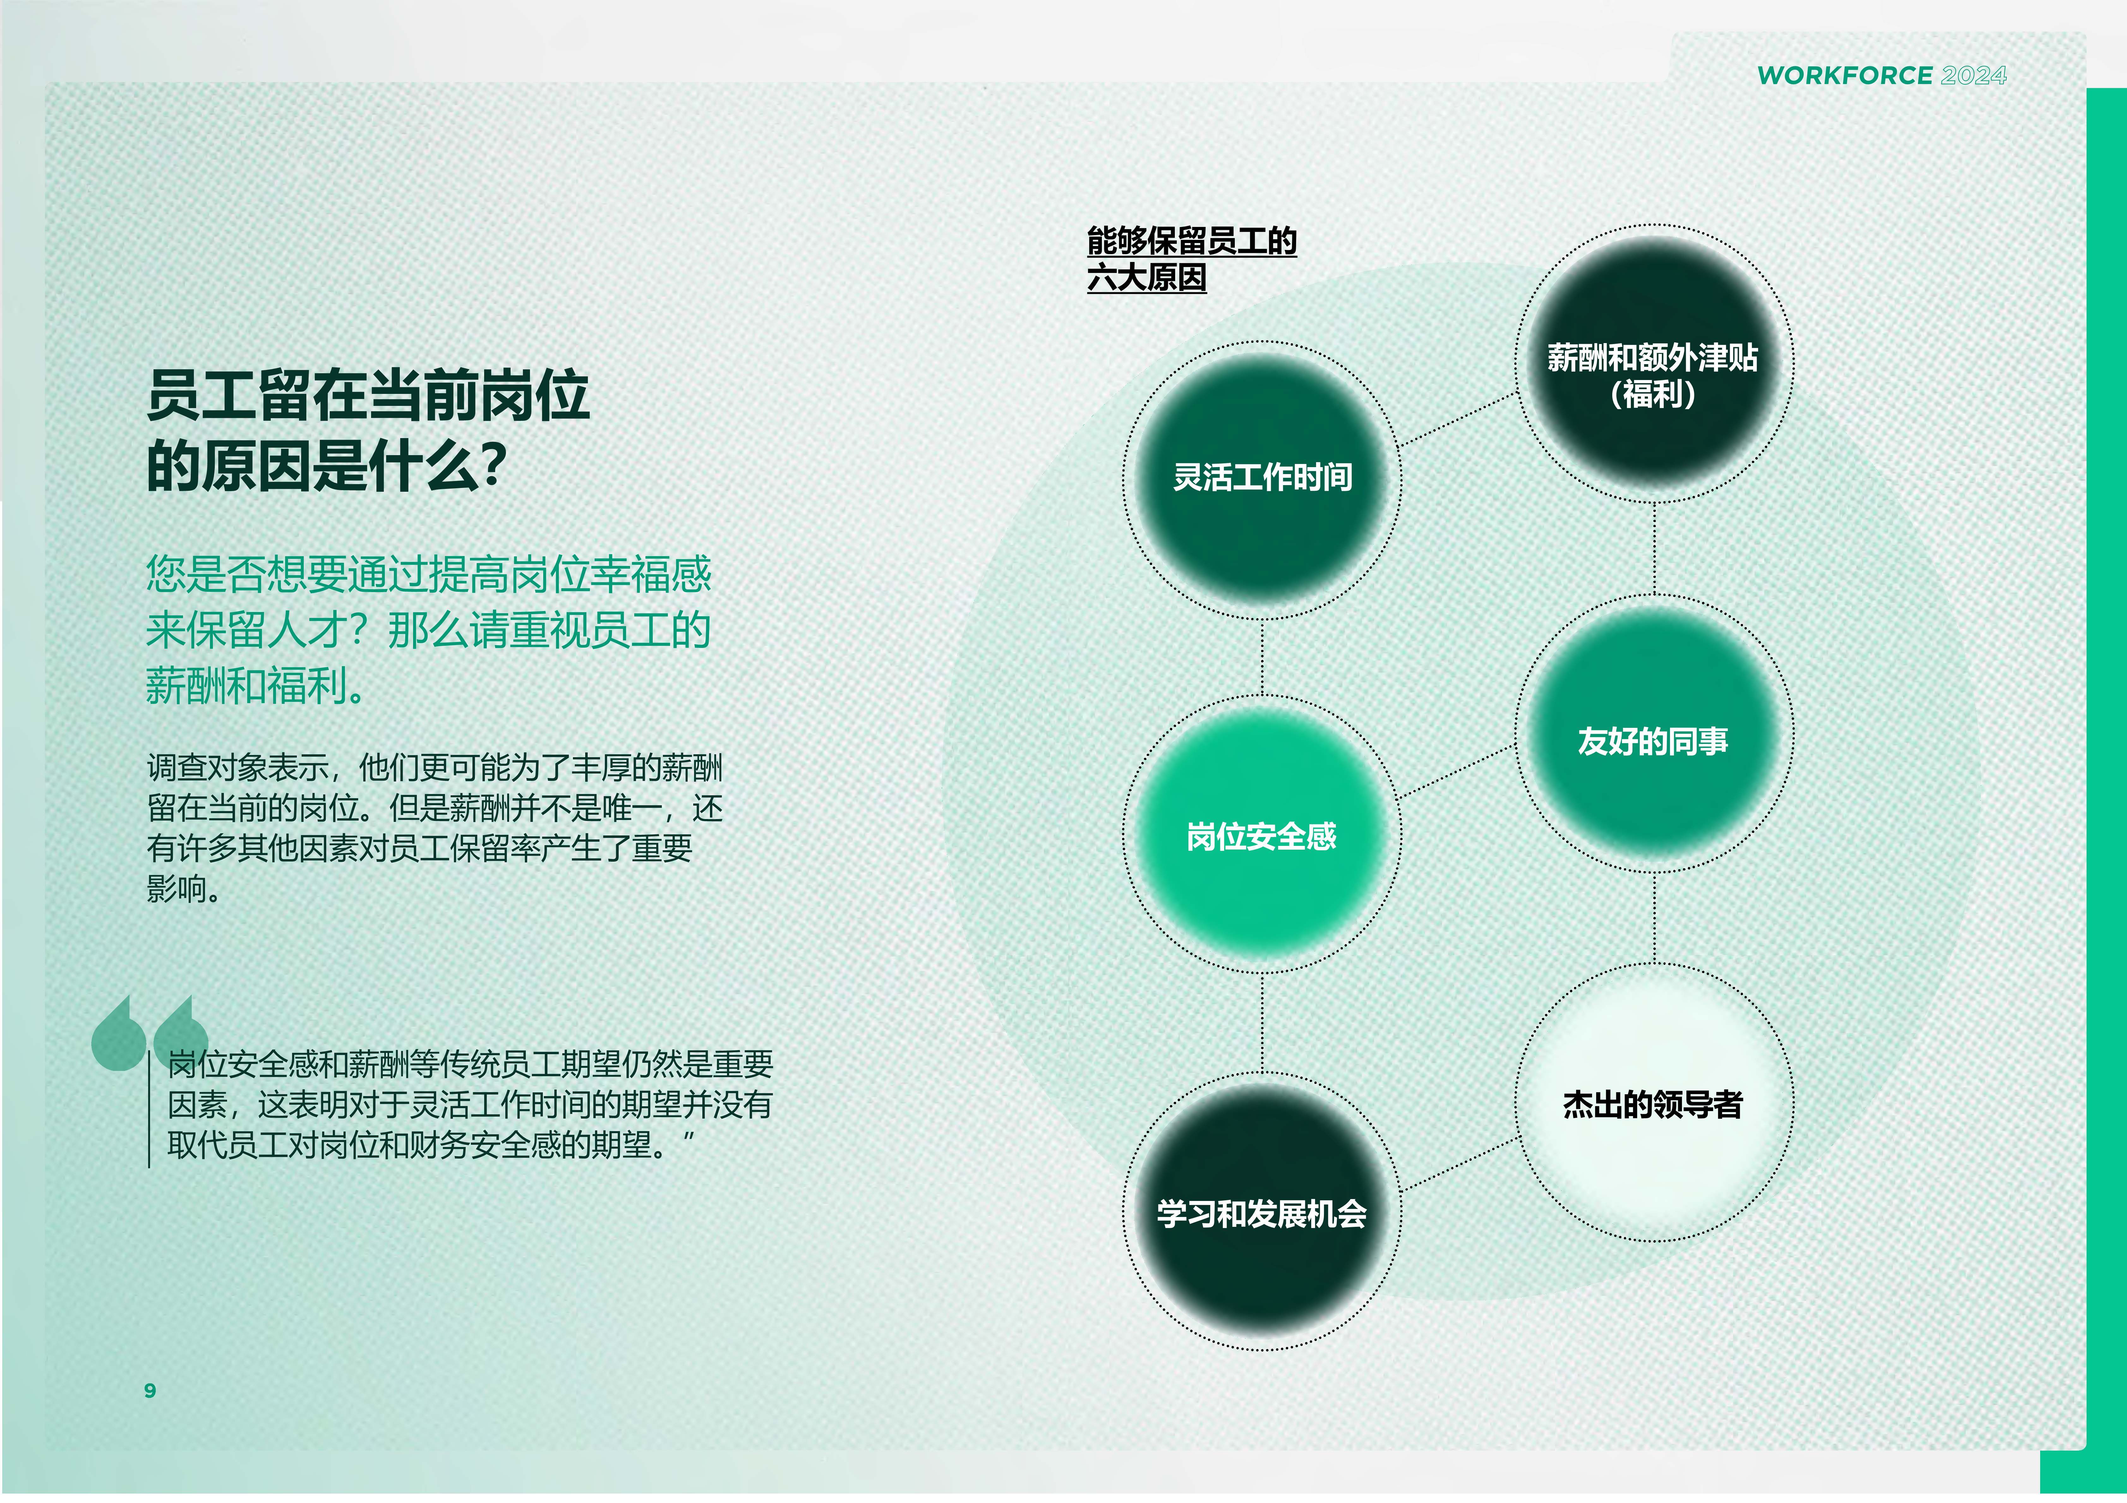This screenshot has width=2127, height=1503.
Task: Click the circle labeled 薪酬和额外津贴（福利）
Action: [1654, 363]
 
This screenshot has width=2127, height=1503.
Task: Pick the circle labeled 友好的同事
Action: [1654, 734]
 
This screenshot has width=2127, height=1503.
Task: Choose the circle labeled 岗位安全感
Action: [1262, 834]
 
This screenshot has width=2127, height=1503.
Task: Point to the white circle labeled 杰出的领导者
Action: [1654, 1102]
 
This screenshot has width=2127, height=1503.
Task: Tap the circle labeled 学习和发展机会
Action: [1262, 1211]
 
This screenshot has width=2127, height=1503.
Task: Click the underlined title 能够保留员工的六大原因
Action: [1191, 259]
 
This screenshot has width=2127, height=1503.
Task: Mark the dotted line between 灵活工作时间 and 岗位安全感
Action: [1262, 656]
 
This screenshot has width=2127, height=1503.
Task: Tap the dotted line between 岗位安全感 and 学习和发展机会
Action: [1262, 1022]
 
